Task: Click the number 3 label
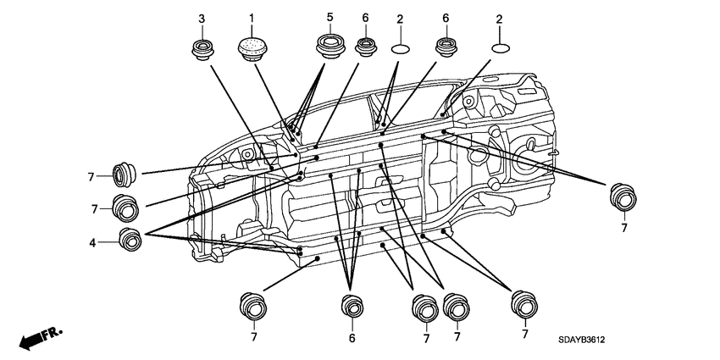pos(202,19)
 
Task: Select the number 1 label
pos(252,19)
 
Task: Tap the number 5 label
pos(330,17)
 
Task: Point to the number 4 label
pos(92,243)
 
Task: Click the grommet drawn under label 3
pos(202,50)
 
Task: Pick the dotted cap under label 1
pos(252,48)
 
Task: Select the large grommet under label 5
pos(330,47)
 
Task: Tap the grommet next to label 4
pos(130,239)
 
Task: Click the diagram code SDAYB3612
pos(581,341)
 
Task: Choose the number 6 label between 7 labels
pos(352,339)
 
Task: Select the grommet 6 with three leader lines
pos(352,307)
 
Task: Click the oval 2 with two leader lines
pos(400,48)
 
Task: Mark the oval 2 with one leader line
pos(501,48)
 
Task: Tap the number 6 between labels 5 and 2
pos(366,18)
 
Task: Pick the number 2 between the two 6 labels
pos(400,19)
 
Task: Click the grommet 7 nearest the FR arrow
pos(253,306)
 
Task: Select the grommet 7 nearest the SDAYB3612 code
pos(524,304)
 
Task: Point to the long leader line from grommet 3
pos(241,117)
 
